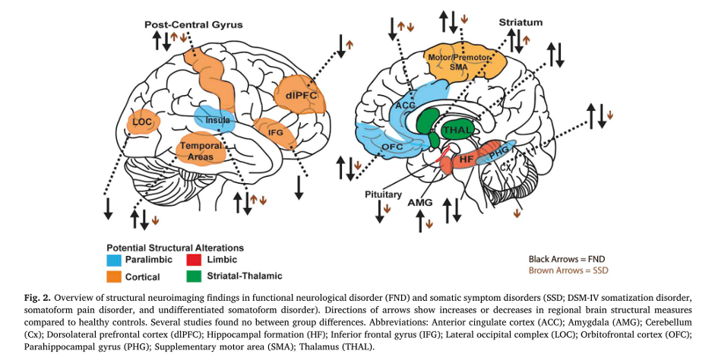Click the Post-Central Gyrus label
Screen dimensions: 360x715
coord(195,25)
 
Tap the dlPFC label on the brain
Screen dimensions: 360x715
coord(302,96)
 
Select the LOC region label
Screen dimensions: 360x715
coord(142,122)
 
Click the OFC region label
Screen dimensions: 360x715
coord(393,147)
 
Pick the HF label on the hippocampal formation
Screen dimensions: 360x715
coord(467,161)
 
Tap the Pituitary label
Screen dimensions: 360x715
coord(382,194)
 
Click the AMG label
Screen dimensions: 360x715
coord(419,204)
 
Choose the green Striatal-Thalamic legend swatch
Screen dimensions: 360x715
coord(191,274)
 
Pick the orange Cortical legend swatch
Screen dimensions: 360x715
coord(113,274)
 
